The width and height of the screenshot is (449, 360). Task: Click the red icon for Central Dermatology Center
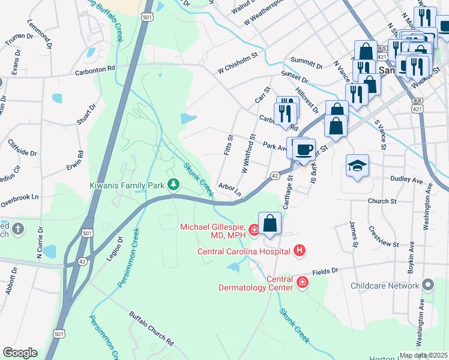point(301,282)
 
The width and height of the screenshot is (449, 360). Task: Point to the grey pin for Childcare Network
point(427,284)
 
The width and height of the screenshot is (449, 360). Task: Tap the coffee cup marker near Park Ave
point(305,149)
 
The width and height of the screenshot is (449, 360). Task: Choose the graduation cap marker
point(358,166)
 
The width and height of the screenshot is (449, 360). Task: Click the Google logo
point(20,353)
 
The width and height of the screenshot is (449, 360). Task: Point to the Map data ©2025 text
point(423,355)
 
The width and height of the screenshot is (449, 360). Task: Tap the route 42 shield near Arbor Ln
point(274,175)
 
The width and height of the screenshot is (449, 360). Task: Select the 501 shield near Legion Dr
point(88,232)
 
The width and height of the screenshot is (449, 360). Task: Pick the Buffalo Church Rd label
point(152,328)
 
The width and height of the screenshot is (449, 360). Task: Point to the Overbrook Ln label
point(19,196)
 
